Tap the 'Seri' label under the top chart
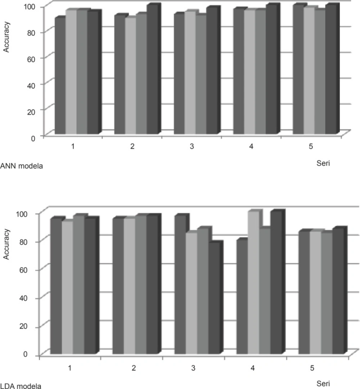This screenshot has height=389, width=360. pyautogui.click(x=321, y=163)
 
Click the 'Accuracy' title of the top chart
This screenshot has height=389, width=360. pyautogui.click(x=7, y=37)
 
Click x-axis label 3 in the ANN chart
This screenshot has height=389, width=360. pyautogui.click(x=192, y=147)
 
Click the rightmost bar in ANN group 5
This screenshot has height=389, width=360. pyautogui.click(x=330, y=70)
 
